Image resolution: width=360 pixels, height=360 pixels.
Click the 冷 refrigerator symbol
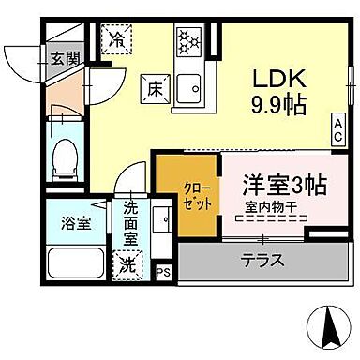(118, 40)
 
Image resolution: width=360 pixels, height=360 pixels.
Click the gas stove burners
(188, 42)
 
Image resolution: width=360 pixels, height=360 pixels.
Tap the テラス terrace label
(262, 261)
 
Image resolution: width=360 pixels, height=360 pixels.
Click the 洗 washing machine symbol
(126, 266)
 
